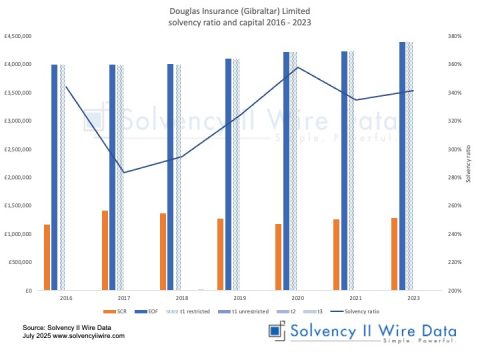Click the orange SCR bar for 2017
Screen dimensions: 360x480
tap(104, 251)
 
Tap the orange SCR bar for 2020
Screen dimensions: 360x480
tap(278, 257)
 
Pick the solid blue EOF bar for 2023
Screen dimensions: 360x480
tap(403, 166)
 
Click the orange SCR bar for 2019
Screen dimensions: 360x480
tap(220, 255)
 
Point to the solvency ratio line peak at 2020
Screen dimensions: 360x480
tap(298, 67)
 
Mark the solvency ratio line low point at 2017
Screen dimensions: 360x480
tap(123, 173)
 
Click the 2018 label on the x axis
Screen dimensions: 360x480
tap(182, 298)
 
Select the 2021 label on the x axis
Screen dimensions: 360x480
tap(356, 298)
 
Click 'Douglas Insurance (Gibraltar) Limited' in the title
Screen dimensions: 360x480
tap(239, 8)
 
